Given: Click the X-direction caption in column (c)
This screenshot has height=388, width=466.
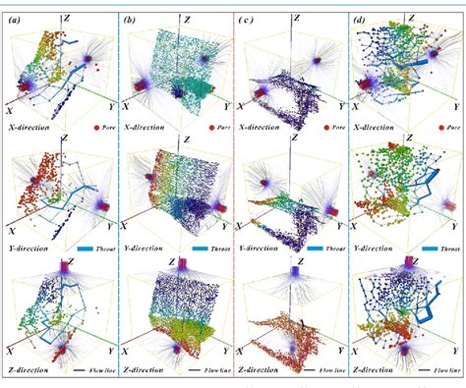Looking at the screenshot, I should (266, 128).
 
